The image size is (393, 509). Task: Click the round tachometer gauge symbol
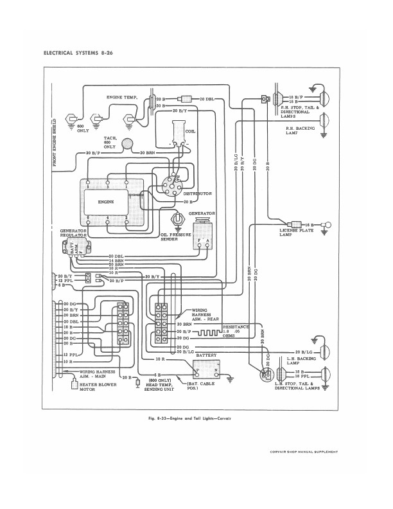coord(128,147)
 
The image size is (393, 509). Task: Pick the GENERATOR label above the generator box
coord(202,212)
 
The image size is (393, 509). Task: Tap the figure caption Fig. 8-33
coord(196,419)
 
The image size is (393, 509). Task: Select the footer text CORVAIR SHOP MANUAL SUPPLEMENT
coord(304,452)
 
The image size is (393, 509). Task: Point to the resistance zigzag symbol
coord(208,334)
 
